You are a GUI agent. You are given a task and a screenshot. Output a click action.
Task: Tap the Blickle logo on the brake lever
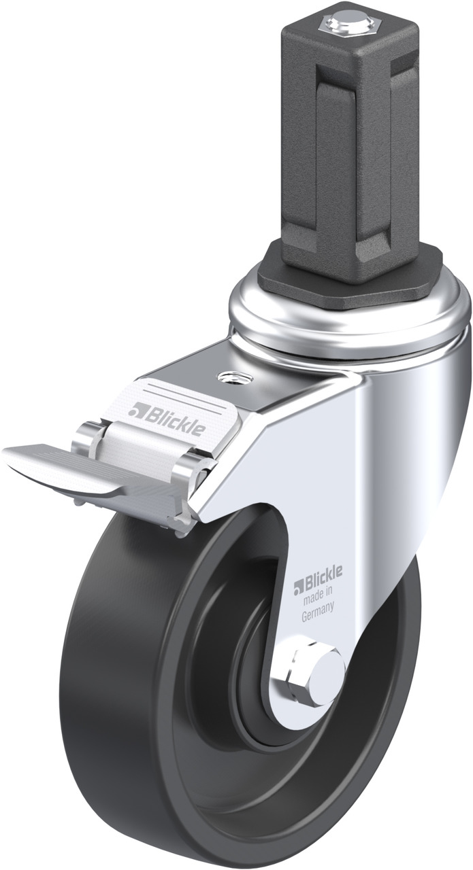pos(168,417)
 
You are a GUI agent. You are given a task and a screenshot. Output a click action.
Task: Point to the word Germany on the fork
pos(318,605)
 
